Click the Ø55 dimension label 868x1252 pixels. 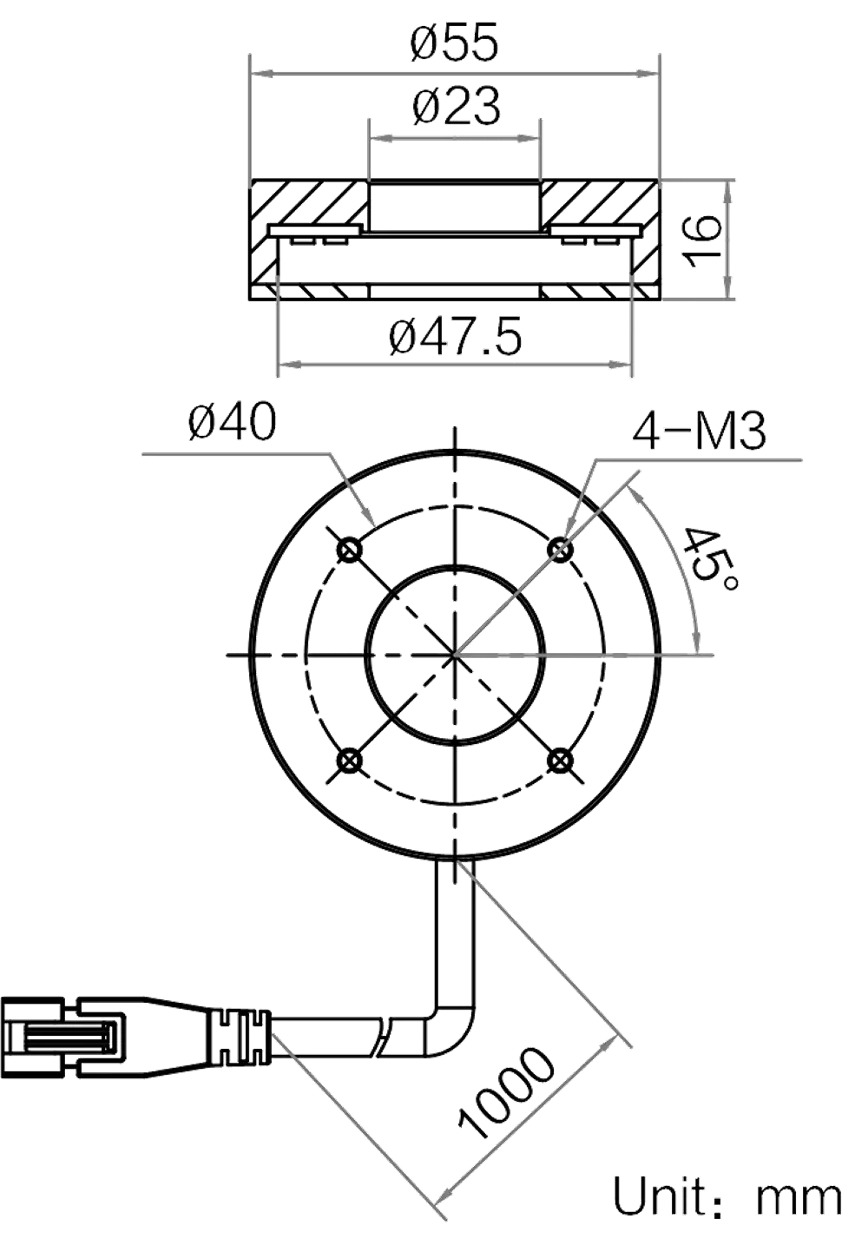456,43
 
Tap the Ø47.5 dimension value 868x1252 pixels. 457,336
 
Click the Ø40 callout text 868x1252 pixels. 232,423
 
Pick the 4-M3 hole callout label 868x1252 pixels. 700,431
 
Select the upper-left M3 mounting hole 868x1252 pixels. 350,550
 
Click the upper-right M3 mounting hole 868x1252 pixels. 561,550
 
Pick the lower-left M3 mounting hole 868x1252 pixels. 350,761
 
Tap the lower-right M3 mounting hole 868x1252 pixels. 561,761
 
